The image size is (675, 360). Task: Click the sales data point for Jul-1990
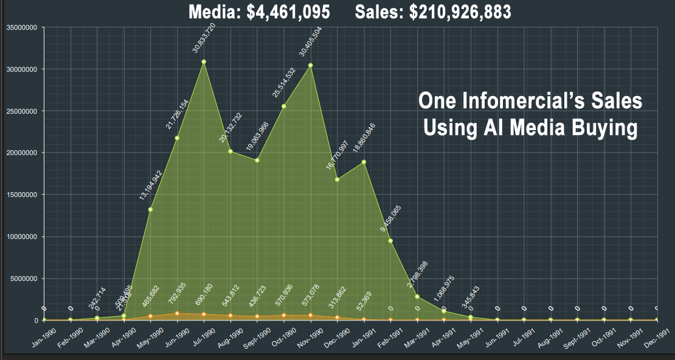(x=204, y=61)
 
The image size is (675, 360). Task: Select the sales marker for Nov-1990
(x=310, y=65)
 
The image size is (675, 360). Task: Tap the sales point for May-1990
(x=150, y=210)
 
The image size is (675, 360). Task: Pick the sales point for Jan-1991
(x=364, y=162)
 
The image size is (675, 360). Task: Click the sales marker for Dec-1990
(x=337, y=179)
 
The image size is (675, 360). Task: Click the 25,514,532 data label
(x=285, y=82)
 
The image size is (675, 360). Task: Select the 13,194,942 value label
(x=151, y=184)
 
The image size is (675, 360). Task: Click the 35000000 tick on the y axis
(x=21, y=27)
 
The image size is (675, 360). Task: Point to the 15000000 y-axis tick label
(x=21, y=195)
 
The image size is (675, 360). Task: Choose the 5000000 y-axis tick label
(x=23, y=279)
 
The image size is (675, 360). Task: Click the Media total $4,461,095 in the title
(x=260, y=12)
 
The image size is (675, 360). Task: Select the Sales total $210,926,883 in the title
(x=433, y=12)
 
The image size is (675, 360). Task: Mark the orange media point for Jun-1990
(x=177, y=314)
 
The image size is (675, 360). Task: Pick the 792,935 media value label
(x=176, y=294)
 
